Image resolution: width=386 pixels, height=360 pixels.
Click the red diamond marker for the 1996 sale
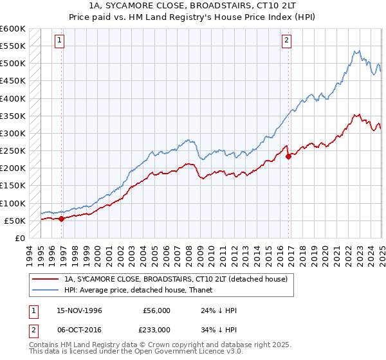coord(62,219)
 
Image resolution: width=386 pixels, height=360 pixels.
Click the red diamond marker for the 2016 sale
coord(288,157)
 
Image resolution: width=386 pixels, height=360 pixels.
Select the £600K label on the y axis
coord(13,29)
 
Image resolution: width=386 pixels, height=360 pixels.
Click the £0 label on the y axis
coord(19,239)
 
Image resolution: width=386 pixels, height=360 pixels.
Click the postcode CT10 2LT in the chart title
coord(255,6)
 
